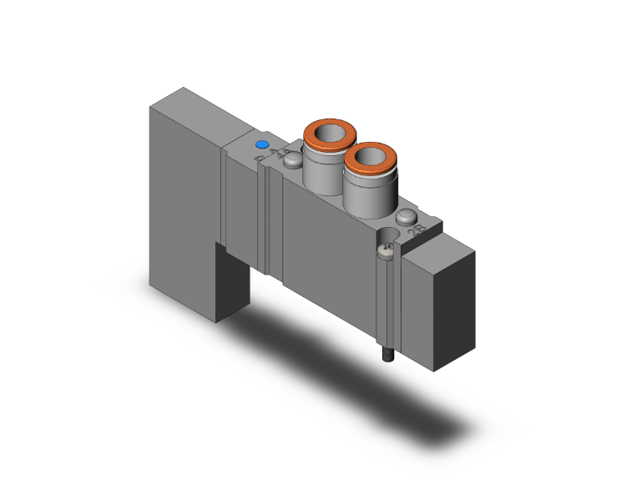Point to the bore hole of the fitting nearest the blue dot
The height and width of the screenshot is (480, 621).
tap(330, 131)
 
